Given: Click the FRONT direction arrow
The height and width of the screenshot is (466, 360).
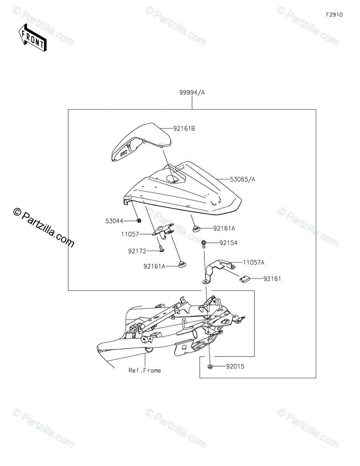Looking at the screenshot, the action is point(33,37).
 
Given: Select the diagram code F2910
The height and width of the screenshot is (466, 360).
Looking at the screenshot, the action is point(334,15).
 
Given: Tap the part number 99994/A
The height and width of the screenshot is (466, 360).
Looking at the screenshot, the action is point(192,93).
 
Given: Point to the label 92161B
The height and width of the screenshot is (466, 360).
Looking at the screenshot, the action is point(184,128).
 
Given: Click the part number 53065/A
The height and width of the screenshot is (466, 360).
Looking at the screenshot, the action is point(242,179).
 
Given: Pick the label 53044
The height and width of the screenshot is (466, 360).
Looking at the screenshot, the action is point(114,221).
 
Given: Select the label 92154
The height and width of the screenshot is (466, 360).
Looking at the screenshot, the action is point(228,243).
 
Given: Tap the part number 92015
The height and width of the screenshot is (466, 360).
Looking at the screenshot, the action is point(235,366).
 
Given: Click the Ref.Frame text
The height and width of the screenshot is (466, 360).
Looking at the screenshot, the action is point(145,370).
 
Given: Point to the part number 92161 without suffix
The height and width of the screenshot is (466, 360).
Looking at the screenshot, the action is point(272,279).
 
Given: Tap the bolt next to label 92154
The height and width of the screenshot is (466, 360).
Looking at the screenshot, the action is point(203,244).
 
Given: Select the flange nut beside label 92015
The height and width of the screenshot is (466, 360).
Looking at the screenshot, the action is point(209,366).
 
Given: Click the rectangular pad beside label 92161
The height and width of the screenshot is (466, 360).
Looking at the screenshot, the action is point(244,278).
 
